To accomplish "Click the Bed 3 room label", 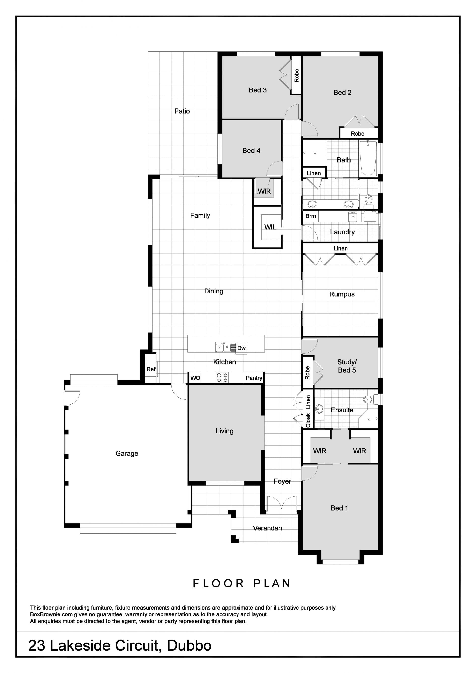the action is [258, 90].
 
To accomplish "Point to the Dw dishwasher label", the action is [241, 348].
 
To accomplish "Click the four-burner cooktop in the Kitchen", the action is [222, 378].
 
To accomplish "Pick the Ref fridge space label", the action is [151, 369].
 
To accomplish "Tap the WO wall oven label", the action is [195, 378].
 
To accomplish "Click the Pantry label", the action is [254, 378].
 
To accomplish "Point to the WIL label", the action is [270, 227].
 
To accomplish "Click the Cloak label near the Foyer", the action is [308, 420].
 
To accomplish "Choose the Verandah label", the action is [267, 528].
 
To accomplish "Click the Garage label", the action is [127, 453].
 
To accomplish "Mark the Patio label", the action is [182, 111].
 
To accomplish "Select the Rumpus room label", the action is [342, 294].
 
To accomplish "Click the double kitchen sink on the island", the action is [223, 348].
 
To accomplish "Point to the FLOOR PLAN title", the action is [241, 583].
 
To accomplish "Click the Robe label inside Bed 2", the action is [357, 134].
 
